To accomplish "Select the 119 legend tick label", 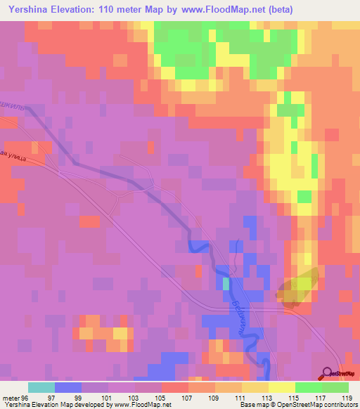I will click(x=346, y=398).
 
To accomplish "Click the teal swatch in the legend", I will click(x=41, y=387).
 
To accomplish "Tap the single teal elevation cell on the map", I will click(x=226, y=283).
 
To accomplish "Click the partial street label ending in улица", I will click(x=13, y=156).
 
